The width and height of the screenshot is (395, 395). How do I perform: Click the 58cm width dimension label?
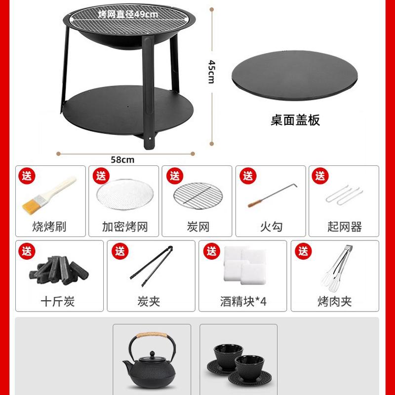(122, 159)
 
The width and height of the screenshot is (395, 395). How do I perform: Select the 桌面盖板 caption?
(295, 120)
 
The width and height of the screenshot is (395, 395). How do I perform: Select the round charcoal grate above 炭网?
(197, 196)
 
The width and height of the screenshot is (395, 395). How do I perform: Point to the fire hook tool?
(271, 196)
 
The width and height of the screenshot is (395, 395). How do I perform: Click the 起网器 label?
(344, 227)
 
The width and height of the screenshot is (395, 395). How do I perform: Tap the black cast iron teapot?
(149, 361)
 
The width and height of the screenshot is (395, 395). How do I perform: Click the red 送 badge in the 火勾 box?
(247, 176)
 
